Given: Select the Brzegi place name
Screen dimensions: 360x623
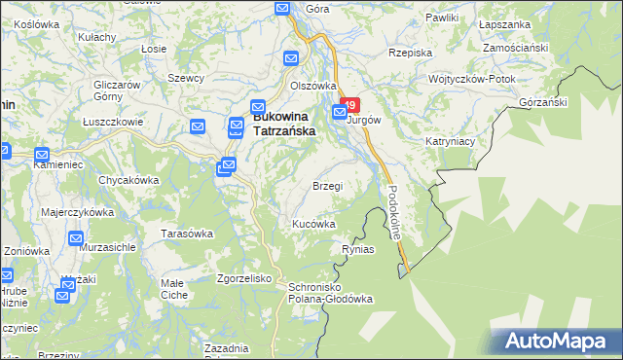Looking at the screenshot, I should click(x=327, y=186).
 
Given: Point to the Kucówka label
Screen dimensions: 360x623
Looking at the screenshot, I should click(x=314, y=224).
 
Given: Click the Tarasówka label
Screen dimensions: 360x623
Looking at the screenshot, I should click(x=187, y=234).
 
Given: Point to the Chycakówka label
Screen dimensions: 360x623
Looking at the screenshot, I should click(x=128, y=180).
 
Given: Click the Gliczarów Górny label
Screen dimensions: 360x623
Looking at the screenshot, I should click(x=113, y=90).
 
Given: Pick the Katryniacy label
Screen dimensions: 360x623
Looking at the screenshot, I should click(x=450, y=141).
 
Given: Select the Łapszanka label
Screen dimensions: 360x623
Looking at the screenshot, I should click(x=506, y=18).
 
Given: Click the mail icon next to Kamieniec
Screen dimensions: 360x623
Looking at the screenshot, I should click(x=42, y=155).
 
